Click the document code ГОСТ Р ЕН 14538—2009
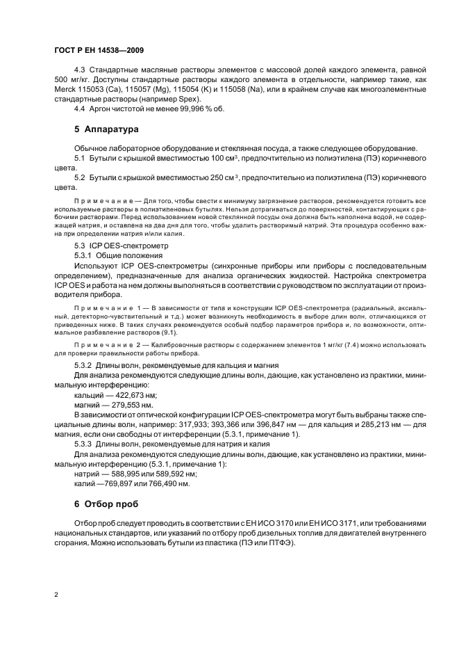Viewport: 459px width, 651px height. point(98,51)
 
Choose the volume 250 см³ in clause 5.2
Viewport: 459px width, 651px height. point(223,178)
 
